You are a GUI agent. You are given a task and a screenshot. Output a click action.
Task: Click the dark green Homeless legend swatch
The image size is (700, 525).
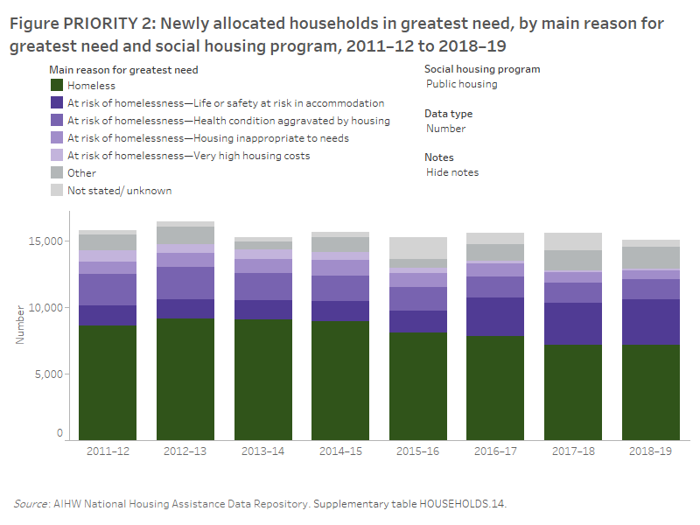(57, 86)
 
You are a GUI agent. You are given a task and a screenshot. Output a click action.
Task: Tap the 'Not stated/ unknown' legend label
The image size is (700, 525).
(119, 191)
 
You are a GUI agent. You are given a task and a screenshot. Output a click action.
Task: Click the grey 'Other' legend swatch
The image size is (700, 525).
(57, 173)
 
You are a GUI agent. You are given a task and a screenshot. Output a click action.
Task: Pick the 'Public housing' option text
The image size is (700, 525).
(461, 85)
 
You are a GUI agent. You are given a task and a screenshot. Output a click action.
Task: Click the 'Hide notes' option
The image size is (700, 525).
(451, 172)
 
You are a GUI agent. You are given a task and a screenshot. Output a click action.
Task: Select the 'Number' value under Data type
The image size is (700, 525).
(445, 129)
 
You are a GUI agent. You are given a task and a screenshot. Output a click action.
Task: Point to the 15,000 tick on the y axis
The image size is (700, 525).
(48, 241)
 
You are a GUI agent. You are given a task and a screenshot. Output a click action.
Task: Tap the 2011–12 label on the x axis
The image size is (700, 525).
(108, 451)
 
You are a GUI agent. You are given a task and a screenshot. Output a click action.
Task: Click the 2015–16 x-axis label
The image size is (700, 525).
(418, 451)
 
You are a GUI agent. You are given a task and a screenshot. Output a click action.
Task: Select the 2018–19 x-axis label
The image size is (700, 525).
(650, 451)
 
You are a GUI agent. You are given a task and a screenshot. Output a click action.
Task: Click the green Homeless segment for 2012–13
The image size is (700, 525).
(185, 381)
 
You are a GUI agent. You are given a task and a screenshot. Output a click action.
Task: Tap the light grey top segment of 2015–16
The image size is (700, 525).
(418, 248)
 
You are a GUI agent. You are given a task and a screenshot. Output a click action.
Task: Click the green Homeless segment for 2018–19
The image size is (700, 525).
(650, 394)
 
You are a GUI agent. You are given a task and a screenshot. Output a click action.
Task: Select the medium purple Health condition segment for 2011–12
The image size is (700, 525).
(108, 290)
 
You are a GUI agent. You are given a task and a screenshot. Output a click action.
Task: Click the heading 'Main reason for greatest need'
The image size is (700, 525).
(123, 69)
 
